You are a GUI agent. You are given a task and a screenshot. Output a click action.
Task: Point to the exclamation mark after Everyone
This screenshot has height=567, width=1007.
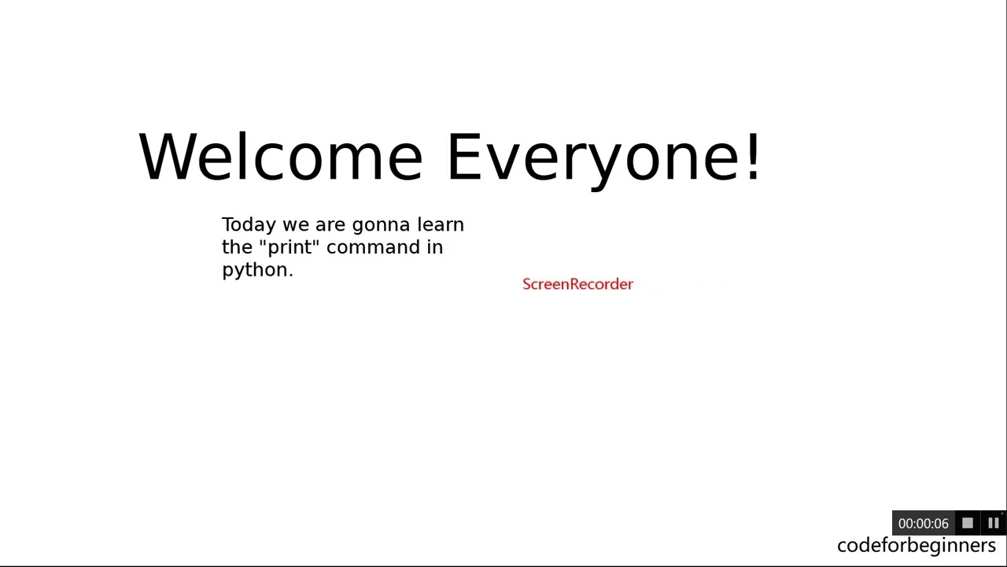[x=754, y=156]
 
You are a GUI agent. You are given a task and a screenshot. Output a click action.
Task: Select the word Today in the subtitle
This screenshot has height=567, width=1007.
[x=249, y=225]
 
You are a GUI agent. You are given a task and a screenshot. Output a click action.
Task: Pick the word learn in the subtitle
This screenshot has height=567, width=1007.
[x=441, y=224]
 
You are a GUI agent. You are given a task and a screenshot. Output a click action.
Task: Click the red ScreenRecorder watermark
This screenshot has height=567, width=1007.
[x=577, y=284]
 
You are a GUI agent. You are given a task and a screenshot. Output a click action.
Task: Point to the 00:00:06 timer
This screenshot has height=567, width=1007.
[x=923, y=524]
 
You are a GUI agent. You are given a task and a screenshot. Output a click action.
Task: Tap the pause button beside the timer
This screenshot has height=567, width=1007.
[x=993, y=523]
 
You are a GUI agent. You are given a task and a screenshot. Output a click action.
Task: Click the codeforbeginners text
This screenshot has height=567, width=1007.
[x=916, y=545]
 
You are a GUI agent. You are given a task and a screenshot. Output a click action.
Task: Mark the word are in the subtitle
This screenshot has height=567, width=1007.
[x=330, y=226]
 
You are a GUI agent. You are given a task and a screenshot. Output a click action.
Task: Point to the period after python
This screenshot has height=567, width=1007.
[x=290, y=274]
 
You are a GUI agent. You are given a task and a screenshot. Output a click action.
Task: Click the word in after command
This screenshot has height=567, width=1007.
[x=435, y=247]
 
